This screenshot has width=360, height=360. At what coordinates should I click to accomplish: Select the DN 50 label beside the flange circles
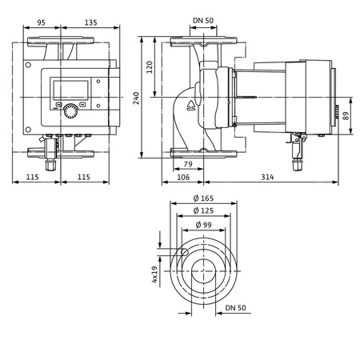coord(234,306)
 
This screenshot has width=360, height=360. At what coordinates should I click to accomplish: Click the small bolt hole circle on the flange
coord(184,253)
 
